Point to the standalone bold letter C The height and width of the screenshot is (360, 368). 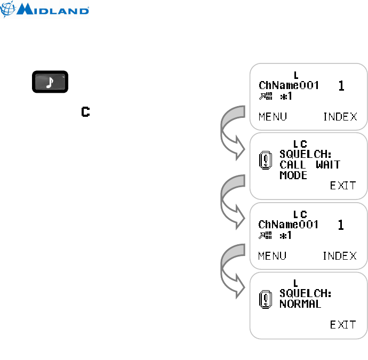[85, 112]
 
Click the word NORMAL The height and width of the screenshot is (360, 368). [300, 304]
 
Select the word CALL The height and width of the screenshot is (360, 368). [293, 164]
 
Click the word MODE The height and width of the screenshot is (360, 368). [293, 175]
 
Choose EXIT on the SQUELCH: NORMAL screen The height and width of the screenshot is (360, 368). [343, 325]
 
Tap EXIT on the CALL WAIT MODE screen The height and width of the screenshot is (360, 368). [343, 186]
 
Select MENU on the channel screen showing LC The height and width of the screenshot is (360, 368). [272, 256]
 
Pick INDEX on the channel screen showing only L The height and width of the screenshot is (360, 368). [340, 117]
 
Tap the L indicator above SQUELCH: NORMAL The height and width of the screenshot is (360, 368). [296, 283]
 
